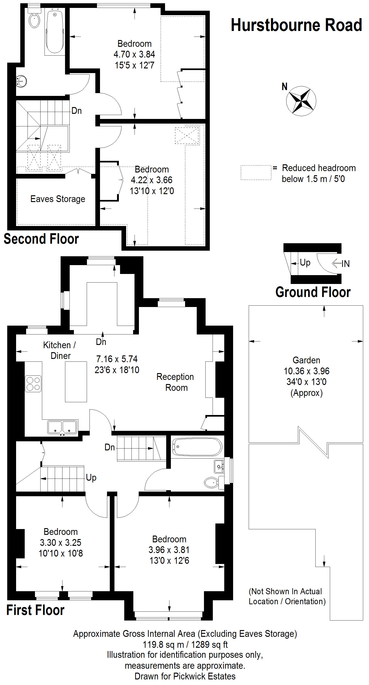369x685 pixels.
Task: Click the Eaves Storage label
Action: (58, 199)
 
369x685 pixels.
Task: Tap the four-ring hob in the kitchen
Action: (33, 383)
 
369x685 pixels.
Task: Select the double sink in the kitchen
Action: (62, 427)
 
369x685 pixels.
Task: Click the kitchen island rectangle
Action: (76, 381)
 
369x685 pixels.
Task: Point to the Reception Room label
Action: (175, 382)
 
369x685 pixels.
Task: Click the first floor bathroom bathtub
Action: (197, 447)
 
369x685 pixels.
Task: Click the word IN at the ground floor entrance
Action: (345, 264)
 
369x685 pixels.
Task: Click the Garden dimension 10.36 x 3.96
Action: (307, 371)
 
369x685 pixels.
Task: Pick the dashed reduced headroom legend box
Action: (256, 172)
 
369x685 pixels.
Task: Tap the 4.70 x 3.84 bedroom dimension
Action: (134, 54)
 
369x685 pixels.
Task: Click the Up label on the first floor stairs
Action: (91, 478)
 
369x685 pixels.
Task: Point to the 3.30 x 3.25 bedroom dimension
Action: (60, 543)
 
